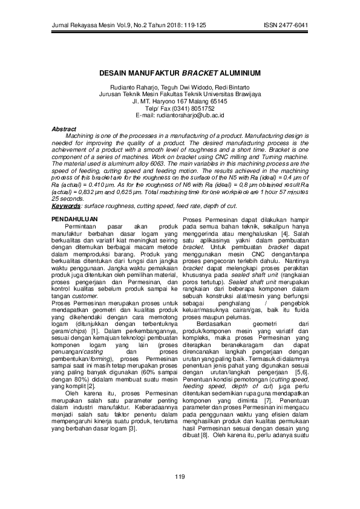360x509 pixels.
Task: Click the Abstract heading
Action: click(x=64, y=129)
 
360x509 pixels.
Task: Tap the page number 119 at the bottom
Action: click(x=180, y=478)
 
